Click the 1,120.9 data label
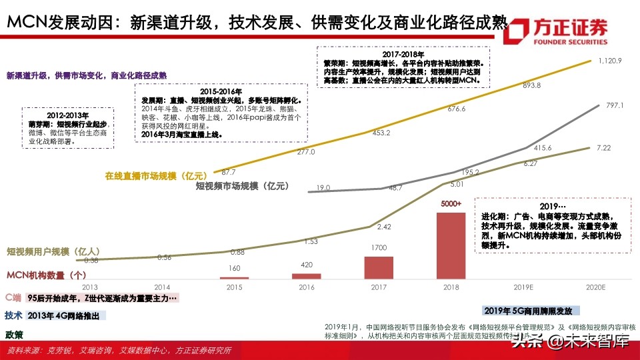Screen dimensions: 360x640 coord(610,61)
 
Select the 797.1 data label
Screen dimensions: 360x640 coord(612,105)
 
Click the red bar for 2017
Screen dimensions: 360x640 coord(379,267)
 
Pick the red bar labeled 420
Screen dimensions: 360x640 coord(307,275)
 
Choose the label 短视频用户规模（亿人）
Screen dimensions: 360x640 coord(50,251)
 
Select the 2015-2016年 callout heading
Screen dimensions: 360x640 coord(220,91)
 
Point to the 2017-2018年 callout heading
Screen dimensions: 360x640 coord(404,53)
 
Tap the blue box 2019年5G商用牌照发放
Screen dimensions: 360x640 coord(531,311)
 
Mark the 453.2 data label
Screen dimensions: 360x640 coord(381,133)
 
